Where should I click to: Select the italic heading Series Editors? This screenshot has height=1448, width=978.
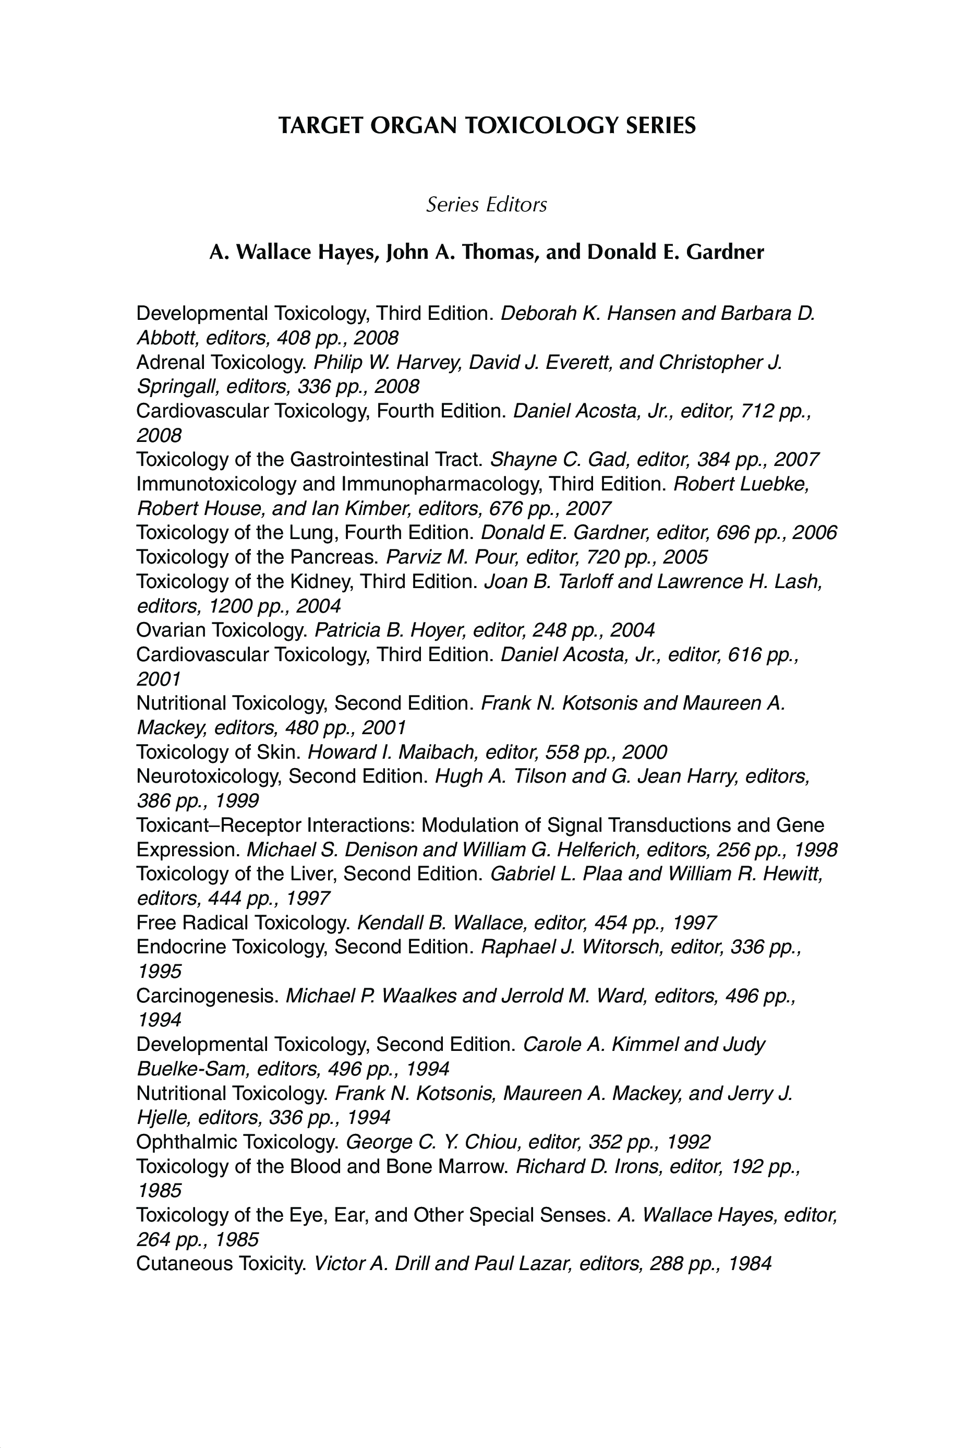click(x=486, y=205)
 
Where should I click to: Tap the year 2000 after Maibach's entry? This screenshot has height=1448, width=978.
click(x=644, y=752)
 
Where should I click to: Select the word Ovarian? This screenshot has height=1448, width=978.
click(x=171, y=630)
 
